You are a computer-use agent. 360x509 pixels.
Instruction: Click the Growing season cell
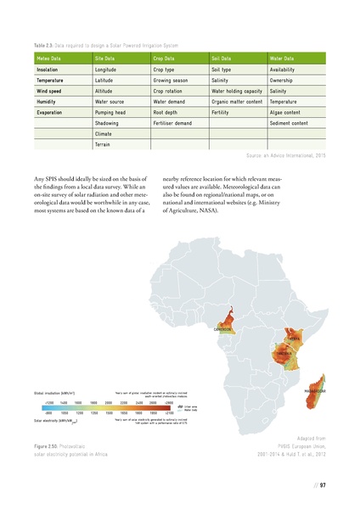(x=172, y=79)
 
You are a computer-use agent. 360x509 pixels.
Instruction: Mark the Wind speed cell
(x=49, y=90)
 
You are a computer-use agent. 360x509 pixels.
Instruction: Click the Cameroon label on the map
(x=224, y=329)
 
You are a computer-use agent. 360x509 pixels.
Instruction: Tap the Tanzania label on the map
(x=284, y=352)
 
